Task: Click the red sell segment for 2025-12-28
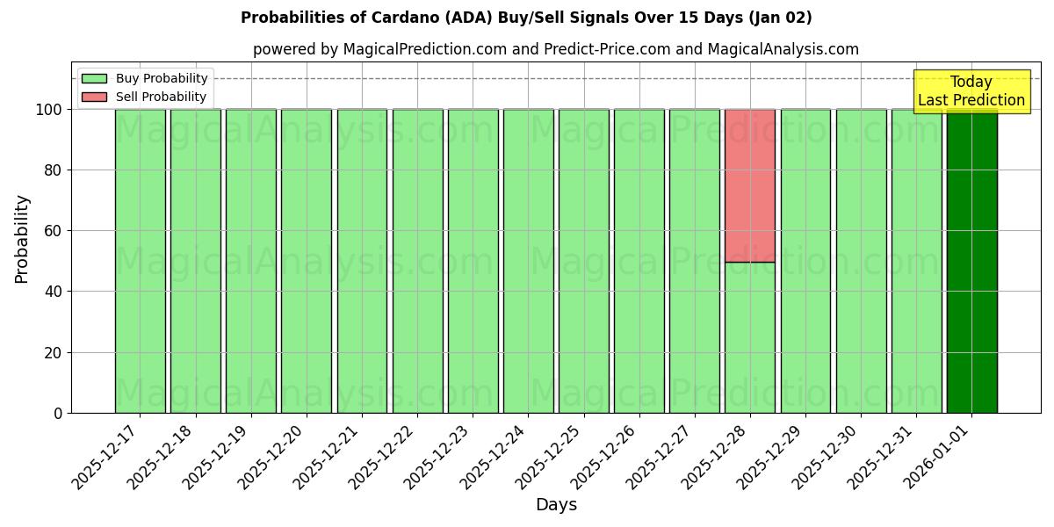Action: tap(750, 185)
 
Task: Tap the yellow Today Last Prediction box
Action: tap(971, 91)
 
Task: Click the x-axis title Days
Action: tap(556, 505)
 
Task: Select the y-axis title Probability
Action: tap(22, 239)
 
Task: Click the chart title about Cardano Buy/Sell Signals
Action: tap(526, 18)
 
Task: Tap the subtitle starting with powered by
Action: tap(555, 49)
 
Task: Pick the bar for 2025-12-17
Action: tap(140, 261)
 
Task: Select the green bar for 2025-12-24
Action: tap(528, 261)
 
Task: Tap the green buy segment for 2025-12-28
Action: tap(750, 337)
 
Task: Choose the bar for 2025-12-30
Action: tap(861, 261)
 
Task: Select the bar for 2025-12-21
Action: tap(362, 261)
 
